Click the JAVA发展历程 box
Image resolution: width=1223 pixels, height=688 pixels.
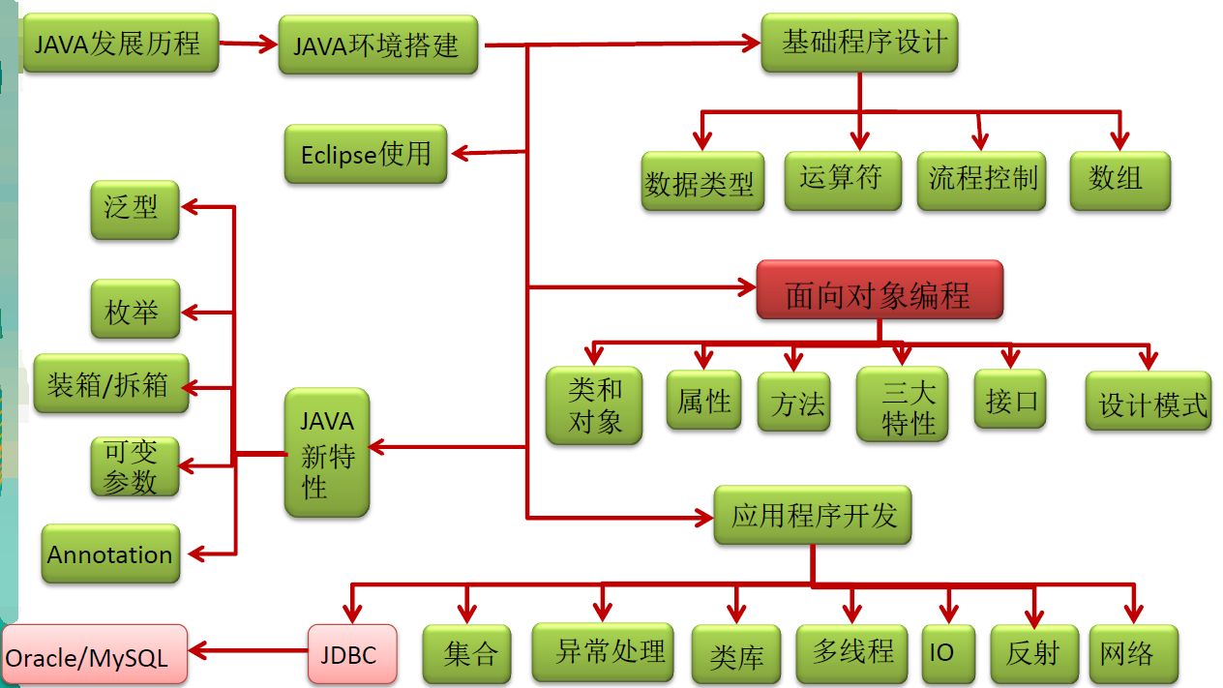click(x=119, y=44)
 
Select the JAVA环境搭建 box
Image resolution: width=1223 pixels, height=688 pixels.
click(x=377, y=45)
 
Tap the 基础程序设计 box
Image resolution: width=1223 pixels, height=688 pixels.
click(x=859, y=44)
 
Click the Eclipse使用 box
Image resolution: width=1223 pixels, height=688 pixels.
click(x=366, y=154)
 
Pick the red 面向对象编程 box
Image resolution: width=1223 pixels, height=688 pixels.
click(x=879, y=290)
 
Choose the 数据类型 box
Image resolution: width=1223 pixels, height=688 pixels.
click(x=701, y=182)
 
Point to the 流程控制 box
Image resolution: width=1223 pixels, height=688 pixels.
click(x=981, y=180)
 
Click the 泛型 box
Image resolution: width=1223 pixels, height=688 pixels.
click(x=134, y=209)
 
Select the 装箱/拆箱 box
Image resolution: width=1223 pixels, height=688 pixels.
click(x=110, y=385)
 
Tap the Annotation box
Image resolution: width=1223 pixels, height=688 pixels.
click(x=110, y=554)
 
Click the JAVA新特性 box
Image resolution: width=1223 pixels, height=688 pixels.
click(x=327, y=453)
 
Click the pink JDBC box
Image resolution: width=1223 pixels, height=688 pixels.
click(x=353, y=652)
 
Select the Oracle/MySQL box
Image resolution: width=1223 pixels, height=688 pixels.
click(x=94, y=656)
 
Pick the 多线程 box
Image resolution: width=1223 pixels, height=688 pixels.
click(x=851, y=650)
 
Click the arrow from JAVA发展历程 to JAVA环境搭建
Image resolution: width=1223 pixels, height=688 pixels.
click(x=249, y=43)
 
